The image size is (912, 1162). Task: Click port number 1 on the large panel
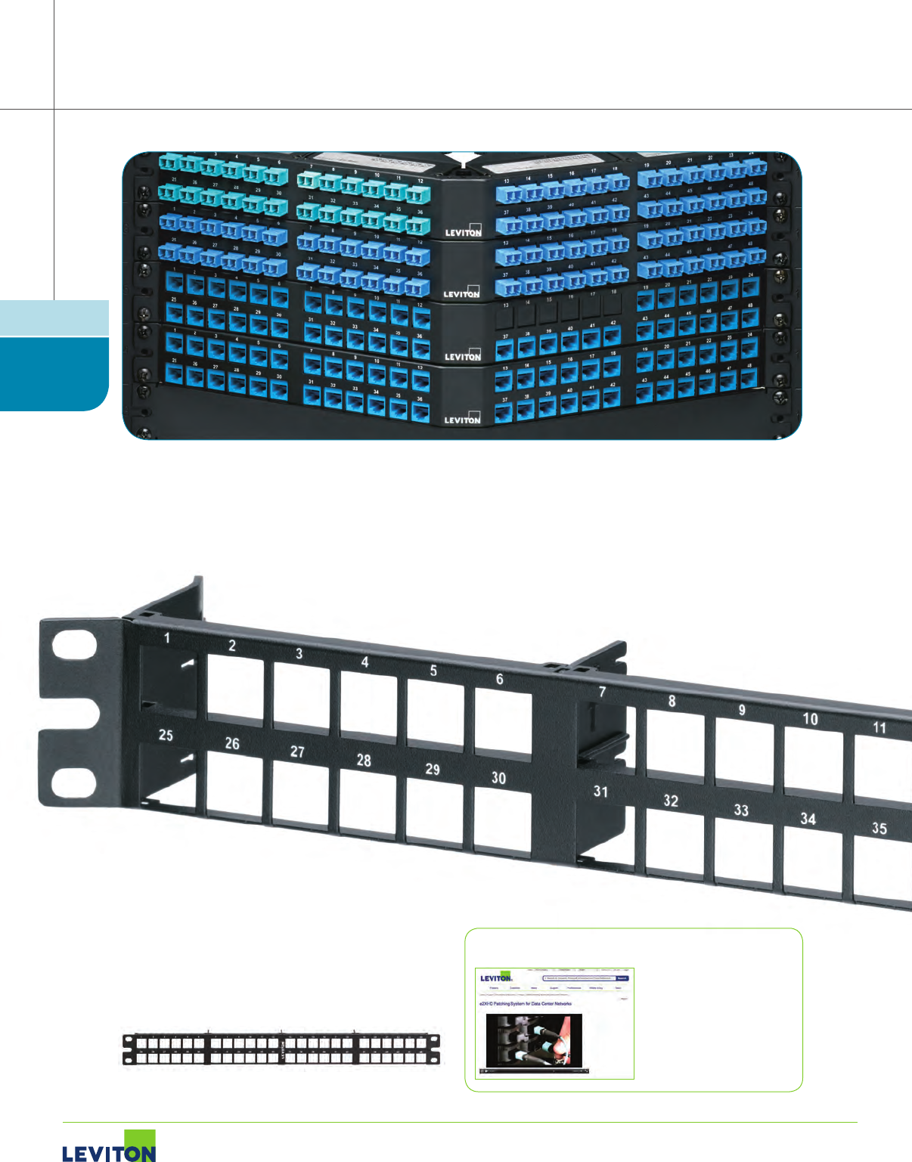click(167, 638)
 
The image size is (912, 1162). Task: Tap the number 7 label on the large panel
click(602, 691)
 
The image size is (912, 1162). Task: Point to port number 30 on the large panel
click(498, 778)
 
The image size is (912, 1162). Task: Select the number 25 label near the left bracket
click(166, 734)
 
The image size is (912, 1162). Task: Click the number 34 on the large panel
click(808, 819)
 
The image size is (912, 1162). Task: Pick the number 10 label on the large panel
click(810, 718)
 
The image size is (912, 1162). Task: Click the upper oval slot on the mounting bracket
click(75, 649)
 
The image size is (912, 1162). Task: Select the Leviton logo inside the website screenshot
click(496, 978)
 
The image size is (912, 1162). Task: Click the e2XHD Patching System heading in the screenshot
click(526, 1004)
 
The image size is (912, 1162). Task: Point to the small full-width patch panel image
click(281, 1049)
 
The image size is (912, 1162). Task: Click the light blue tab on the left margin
click(54, 318)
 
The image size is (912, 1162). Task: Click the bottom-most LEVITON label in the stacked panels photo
click(462, 420)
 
